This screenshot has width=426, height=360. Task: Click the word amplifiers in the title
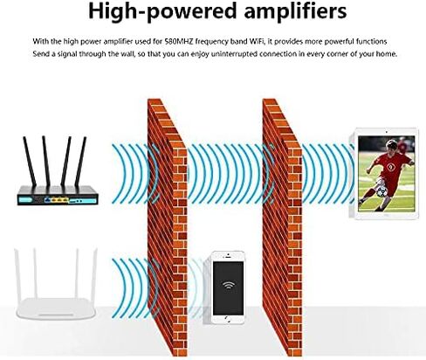click(295, 10)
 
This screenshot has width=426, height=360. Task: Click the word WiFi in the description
click(257, 41)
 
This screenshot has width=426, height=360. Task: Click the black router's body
click(58, 196)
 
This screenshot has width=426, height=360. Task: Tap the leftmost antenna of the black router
click(30, 162)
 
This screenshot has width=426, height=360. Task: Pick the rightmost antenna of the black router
click(80, 162)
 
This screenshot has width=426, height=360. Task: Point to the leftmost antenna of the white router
click(17, 273)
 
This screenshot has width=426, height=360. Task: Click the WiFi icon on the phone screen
click(228, 284)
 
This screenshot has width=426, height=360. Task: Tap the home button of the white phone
click(228, 320)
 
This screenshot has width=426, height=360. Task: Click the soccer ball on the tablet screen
click(381, 191)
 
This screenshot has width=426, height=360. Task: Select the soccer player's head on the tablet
click(391, 147)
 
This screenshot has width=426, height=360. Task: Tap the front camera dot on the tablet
click(387, 132)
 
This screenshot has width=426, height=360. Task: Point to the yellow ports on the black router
click(57, 200)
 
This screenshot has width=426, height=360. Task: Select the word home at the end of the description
click(387, 54)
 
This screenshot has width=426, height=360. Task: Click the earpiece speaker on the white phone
click(228, 257)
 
